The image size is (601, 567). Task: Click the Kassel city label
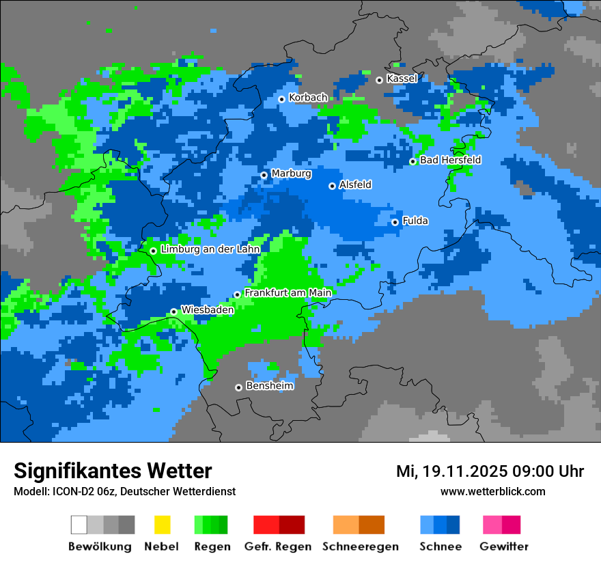point(402,79)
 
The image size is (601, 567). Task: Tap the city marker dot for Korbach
point(281,99)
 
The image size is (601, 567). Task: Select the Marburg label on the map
point(291,174)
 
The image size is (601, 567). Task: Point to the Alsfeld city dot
point(333,186)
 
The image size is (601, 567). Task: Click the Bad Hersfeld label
point(450,160)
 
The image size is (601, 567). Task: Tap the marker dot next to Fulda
point(395,222)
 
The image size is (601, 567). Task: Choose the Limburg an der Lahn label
point(210,249)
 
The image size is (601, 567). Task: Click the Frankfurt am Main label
point(288,293)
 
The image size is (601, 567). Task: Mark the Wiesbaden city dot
point(174,312)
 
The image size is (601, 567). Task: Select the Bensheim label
point(269,386)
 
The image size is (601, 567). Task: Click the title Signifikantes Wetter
point(113,471)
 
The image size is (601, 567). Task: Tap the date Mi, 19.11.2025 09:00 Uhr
point(490,471)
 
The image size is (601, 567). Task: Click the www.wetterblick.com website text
point(492,491)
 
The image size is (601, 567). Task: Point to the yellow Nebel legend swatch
point(162,525)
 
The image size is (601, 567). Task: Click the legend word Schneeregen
point(360,547)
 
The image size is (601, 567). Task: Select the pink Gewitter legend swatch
point(492,525)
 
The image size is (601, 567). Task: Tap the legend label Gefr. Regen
point(278,547)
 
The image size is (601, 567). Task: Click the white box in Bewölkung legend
point(79,525)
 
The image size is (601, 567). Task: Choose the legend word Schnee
point(440,547)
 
